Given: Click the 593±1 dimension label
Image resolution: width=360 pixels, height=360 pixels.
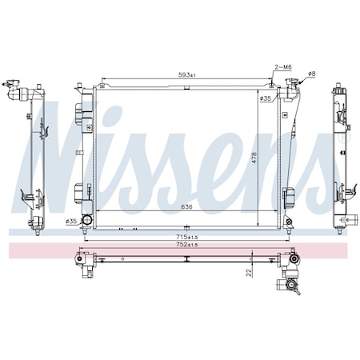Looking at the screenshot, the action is pyautogui.click(x=186, y=75).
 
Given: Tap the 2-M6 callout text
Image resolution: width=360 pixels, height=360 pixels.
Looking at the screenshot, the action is pyautogui.click(x=283, y=67).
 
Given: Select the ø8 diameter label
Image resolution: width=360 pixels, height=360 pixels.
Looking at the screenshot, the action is pyautogui.click(x=311, y=74).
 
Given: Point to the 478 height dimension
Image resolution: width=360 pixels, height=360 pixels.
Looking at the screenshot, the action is pyautogui.click(x=254, y=158).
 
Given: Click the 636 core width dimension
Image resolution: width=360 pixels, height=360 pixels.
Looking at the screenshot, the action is pyautogui.click(x=186, y=207).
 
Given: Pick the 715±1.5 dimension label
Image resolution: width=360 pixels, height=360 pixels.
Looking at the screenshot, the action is pyautogui.click(x=186, y=237).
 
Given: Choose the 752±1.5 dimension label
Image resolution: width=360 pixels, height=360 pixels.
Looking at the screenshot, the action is pyautogui.click(x=186, y=245).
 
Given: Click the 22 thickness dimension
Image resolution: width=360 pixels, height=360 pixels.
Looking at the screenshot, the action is pyautogui.click(x=249, y=273).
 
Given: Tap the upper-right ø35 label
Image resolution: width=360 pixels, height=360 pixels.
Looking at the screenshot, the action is pyautogui.click(x=266, y=98).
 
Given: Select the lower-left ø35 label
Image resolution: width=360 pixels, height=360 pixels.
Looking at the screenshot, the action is pyautogui.click(x=71, y=221).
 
